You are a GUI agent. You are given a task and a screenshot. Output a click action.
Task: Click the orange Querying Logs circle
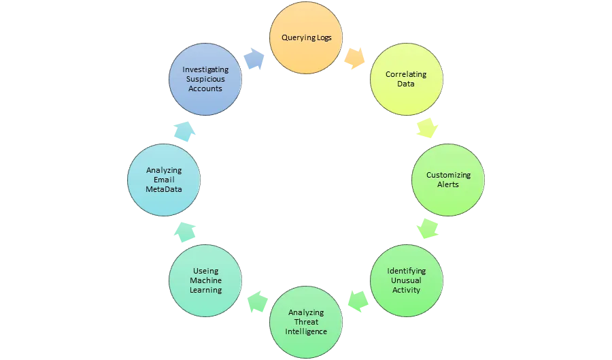pos(307,37)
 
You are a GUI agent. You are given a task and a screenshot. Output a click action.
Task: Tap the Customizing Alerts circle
pos(447,180)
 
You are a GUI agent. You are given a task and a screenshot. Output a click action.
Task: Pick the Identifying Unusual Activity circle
pos(406,280)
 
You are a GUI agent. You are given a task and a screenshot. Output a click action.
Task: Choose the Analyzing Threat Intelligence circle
pos(306,322)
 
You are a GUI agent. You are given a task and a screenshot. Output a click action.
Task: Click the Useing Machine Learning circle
pos(205,280)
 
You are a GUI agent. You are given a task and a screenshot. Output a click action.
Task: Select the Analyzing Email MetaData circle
pos(164,180)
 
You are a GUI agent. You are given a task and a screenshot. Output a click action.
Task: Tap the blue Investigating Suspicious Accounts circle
pos(205,79)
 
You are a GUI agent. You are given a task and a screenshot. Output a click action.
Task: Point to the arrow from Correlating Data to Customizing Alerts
pos(426,127)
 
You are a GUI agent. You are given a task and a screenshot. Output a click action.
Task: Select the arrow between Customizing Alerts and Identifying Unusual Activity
pos(428,229)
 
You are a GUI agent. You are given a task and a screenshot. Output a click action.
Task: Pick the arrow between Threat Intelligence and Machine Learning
pos(256,301)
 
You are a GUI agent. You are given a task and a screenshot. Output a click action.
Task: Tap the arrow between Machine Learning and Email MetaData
pos(185,231)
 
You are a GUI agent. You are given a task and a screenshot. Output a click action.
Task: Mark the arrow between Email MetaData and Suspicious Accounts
pos(184,129)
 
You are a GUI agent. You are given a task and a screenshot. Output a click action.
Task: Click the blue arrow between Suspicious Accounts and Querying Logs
pos(254,59)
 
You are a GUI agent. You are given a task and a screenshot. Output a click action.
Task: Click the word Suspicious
pos(205,79)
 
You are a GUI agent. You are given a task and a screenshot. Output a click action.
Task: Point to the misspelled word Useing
pos(205,271)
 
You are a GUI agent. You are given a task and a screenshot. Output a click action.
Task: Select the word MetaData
pos(164,189)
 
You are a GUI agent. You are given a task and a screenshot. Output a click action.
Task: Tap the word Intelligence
pos(306,331)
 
